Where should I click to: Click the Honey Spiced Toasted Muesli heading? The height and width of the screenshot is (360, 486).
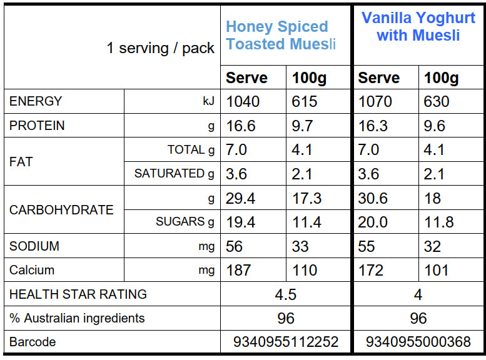point(281,36)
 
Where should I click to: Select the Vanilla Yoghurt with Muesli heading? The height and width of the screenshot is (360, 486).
point(418,26)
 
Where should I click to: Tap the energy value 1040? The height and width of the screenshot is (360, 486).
point(243,102)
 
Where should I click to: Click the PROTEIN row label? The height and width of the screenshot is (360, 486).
point(37,126)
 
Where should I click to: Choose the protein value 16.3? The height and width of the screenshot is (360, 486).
point(373,126)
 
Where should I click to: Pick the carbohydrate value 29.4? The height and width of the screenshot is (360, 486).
point(241,198)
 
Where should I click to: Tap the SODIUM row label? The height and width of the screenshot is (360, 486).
point(34,246)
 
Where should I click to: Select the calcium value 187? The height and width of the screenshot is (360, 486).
point(238,271)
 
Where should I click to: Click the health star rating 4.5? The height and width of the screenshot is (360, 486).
point(285,294)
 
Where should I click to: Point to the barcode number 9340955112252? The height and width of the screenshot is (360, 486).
point(285,342)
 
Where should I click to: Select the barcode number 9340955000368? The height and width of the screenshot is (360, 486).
point(418,342)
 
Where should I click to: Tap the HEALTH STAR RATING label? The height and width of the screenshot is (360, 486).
point(78,294)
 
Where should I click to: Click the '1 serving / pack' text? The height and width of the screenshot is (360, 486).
point(161,49)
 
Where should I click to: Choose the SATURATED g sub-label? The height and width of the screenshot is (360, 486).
point(174,174)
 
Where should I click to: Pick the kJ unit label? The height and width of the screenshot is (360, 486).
point(208,102)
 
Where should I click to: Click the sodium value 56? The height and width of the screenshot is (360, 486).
point(235,246)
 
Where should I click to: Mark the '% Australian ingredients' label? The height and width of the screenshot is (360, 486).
point(77,318)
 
